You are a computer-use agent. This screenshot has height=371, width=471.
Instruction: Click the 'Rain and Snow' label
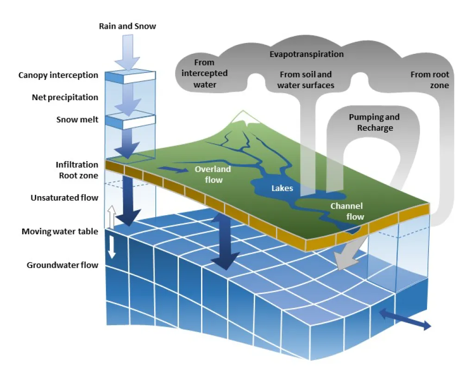(127, 26)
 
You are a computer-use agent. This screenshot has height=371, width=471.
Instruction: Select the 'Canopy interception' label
(58, 75)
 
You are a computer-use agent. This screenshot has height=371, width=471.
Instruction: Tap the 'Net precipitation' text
(65, 97)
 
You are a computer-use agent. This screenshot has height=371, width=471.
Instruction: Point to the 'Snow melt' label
(77, 120)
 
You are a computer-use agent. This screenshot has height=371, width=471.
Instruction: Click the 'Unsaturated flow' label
(64, 198)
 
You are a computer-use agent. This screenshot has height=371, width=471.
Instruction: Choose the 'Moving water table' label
(60, 231)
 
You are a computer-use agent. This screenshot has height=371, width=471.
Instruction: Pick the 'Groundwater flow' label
(63, 265)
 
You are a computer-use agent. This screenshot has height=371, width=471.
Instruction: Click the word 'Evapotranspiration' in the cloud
(307, 54)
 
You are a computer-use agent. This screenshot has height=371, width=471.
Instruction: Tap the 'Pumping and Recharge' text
(374, 122)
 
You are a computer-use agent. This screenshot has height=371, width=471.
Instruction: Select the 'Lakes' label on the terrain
(283, 189)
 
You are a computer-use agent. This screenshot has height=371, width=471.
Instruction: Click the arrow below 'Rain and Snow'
(127, 51)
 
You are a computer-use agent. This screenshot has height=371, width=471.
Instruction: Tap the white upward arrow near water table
(111, 217)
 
